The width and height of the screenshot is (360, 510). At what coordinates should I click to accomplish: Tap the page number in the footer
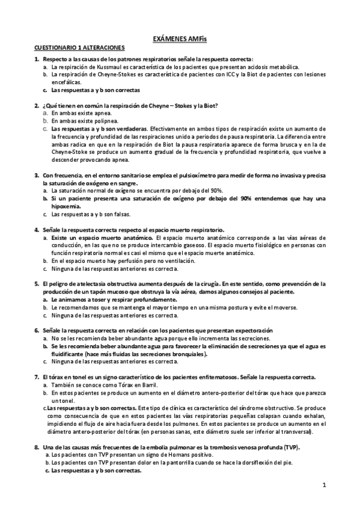click(x=323, y=485)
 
